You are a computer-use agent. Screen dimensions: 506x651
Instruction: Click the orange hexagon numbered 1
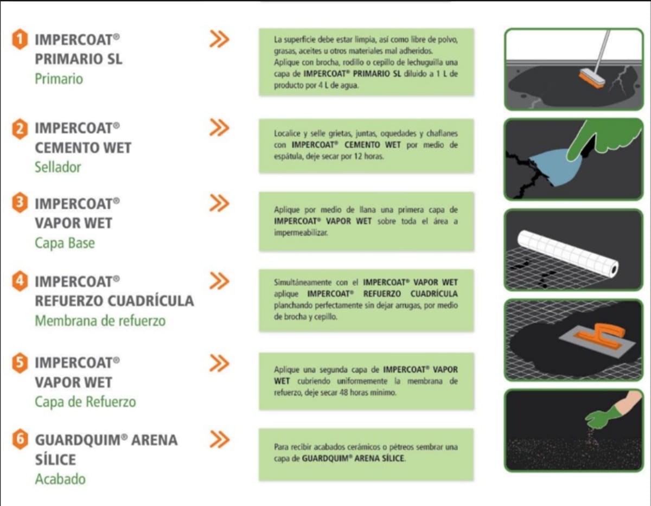[x=20, y=39]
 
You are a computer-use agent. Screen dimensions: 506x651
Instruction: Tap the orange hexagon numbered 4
[x=20, y=281]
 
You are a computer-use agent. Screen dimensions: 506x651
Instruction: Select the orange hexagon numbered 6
[x=20, y=439]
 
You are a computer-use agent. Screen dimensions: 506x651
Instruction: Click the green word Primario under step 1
[x=59, y=79]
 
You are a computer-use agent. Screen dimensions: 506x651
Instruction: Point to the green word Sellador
[x=58, y=167]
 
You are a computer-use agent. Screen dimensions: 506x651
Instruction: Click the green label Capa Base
[x=65, y=243]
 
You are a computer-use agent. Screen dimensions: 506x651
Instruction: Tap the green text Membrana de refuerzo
[x=100, y=321]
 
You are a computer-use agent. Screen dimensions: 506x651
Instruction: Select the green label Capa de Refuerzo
[x=85, y=402]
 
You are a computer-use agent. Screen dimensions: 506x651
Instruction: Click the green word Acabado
[x=60, y=479]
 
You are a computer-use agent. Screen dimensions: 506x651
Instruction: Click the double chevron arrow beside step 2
[x=219, y=127]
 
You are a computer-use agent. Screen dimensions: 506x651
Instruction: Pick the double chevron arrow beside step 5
[x=219, y=363]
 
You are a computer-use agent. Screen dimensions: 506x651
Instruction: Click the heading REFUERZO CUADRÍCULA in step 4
[x=114, y=300]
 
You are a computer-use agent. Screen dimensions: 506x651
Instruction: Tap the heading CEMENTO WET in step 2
[x=83, y=148]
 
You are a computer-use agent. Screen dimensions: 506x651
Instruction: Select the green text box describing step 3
[x=366, y=221]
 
